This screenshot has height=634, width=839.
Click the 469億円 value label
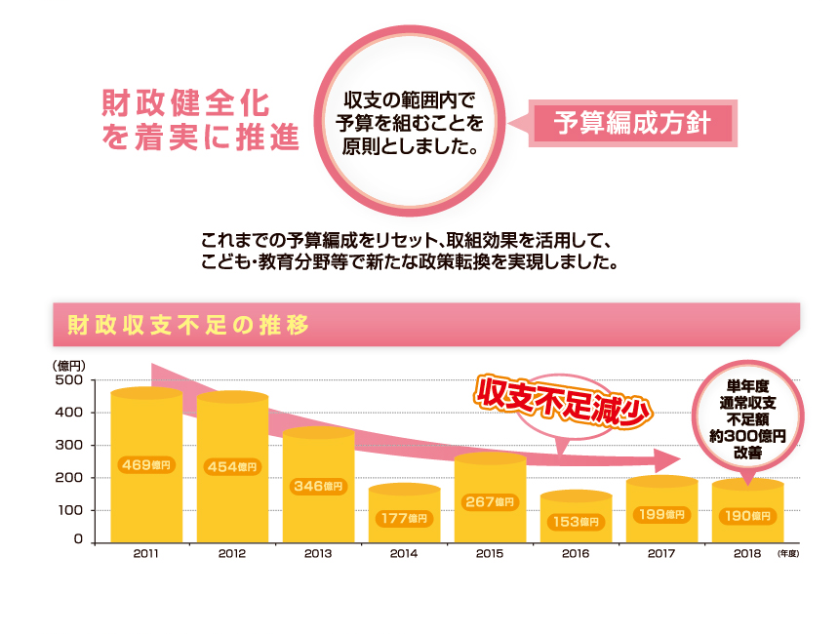click(145, 465)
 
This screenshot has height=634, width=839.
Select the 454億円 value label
click(232, 466)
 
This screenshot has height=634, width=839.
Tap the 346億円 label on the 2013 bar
click(318, 485)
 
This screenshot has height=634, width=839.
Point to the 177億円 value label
click(404, 517)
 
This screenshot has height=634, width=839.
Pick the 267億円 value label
click(490, 502)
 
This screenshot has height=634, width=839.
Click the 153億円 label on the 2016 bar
click(576, 522)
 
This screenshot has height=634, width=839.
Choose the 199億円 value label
click(661, 514)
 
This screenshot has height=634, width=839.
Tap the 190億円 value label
click(748, 515)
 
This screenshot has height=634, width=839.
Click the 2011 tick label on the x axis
click(145, 554)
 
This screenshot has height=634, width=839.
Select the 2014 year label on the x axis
click(404, 554)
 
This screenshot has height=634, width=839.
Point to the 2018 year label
click(747, 554)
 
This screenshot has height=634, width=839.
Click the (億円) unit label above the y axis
click(68, 366)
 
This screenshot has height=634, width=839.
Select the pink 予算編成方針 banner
click(632, 124)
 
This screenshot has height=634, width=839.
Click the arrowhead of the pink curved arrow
click(668, 459)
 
